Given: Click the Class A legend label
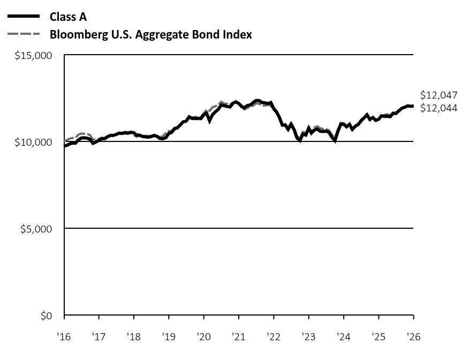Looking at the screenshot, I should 68,17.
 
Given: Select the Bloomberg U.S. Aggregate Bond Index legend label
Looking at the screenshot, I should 150,35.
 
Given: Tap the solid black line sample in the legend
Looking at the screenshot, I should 24,17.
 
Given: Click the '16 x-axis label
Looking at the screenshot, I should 64,337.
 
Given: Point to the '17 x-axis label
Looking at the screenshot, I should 99,337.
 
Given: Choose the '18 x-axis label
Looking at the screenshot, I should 134,337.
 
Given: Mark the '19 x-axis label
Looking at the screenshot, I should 169,337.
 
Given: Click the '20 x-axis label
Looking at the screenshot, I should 203,337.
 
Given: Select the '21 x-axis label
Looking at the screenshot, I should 239,337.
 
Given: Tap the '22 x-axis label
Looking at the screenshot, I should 274,337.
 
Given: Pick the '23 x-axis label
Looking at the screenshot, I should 308,337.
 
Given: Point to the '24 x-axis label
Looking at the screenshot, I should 344,337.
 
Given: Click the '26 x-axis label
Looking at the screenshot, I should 413,337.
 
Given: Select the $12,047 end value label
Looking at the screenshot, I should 439,95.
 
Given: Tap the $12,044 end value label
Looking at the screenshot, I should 439,108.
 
